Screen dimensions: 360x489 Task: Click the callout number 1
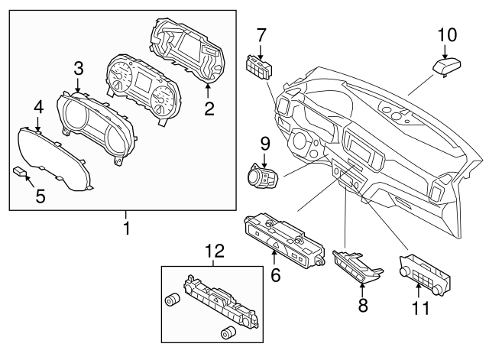[x=127, y=228]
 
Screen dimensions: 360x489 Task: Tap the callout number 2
[x=209, y=109]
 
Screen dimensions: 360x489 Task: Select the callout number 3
[x=78, y=69]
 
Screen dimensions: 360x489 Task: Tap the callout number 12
[x=215, y=249]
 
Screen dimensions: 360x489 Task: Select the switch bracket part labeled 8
[x=358, y=268]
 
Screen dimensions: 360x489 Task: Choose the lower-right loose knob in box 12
[x=226, y=332]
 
